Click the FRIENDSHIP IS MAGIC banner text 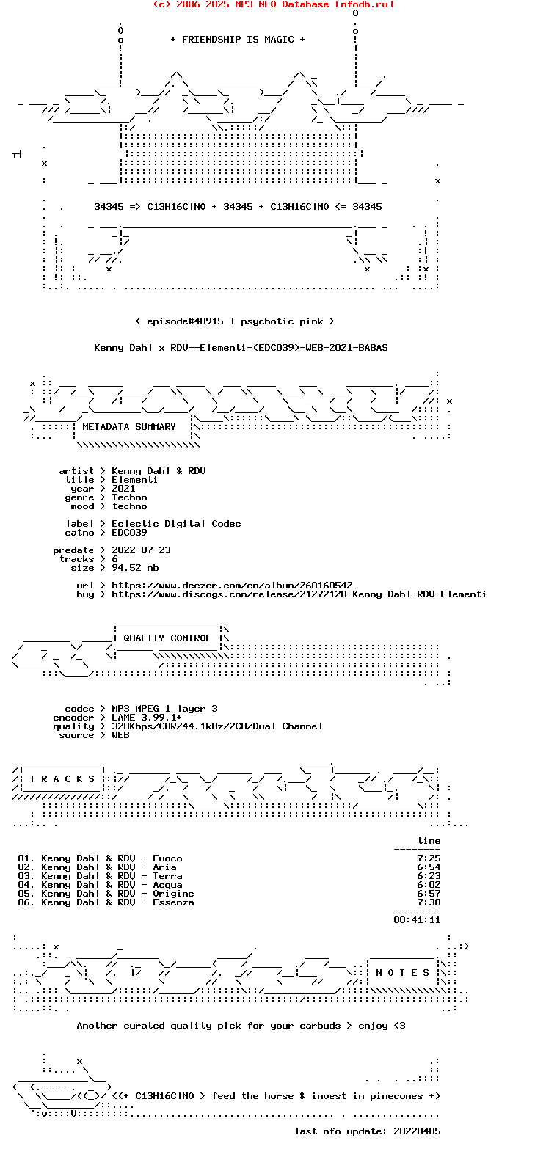pos(238,40)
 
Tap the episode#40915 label pos(185,321)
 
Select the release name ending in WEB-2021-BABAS pos(241,348)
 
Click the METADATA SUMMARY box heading pos(129,427)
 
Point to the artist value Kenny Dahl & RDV pos(159,471)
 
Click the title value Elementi pos(134,480)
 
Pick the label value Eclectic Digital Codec pos(176,524)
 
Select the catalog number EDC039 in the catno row pos(129,533)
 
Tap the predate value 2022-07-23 pos(141,550)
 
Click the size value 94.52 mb pos(135,568)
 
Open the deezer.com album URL pos(232,585)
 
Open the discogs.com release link pos(299,594)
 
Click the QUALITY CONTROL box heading pos(167,638)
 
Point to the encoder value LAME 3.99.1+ pos(147,718)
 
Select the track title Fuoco pos(167,858)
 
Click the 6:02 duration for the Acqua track pos(429,885)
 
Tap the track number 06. pos(26,902)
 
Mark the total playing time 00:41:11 pos(417,920)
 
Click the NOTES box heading pos(402,973)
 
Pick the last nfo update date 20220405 pos(417,1131)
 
